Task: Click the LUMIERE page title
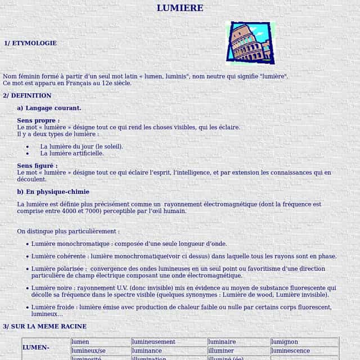(180, 8)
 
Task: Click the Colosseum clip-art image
(250, 43)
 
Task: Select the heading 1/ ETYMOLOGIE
(30, 43)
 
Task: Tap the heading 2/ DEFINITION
(27, 96)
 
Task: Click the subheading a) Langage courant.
(49, 108)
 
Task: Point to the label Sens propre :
(38, 120)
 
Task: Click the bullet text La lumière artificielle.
(72, 153)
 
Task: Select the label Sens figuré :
(37, 166)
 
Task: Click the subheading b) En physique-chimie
(53, 192)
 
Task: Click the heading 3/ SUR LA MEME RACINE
(45, 326)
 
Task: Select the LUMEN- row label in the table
(36, 348)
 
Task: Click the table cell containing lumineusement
(154, 341)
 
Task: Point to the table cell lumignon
(285, 341)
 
